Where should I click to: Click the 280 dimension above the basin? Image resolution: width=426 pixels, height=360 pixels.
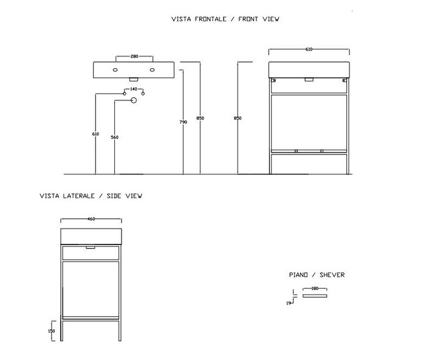tap(134, 57)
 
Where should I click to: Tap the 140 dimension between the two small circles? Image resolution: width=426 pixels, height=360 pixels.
tap(134, 89)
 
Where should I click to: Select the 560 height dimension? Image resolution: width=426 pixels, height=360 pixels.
tap(114, 137)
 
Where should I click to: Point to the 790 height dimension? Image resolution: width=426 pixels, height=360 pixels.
tap(184, 122)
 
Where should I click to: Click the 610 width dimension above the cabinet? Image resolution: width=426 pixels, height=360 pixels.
tap(309, 50)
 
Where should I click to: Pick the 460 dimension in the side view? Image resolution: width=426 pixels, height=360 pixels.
tap(91, 219)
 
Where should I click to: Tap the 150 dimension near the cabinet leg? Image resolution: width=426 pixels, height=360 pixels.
tap(52, 331)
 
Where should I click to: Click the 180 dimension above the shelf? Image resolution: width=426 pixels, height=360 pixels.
tap(315, 289)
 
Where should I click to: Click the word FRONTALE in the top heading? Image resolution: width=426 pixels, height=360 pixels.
tap(208, 19)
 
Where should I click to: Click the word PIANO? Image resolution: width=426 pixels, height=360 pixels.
tap(298, 275)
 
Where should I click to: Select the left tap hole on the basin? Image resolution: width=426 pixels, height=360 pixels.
tap(115, 70)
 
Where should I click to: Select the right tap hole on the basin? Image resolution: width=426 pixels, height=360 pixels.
tap(153, 70)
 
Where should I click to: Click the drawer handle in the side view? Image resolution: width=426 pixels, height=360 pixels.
tap(91, 247)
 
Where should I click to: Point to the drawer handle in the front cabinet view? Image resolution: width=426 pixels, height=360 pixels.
tap(309, 79)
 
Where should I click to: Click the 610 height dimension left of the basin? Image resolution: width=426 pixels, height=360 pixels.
tap(95, 134)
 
